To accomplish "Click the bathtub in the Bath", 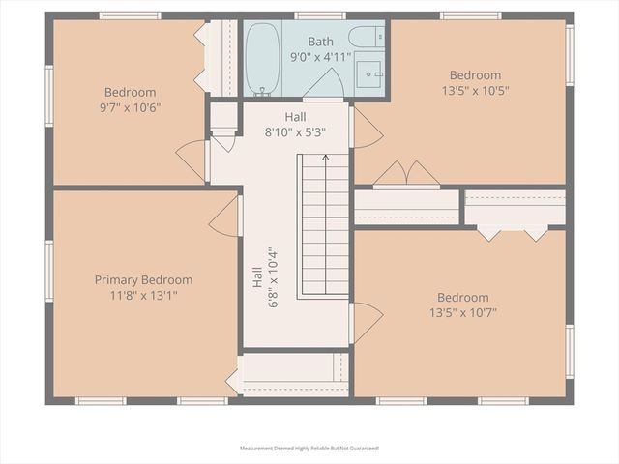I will pyautogui.click(x=262, y=59).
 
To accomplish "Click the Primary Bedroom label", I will pyautogui.click(x=143, y=280).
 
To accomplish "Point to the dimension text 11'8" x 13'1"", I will pyautogui.click(x=143, y=295).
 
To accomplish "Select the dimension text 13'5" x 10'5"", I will pyautogui.click(x=475, y=90).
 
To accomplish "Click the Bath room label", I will pyautogui.click(x=320, y=42).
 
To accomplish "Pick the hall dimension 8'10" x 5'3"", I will pyautogui.click(x=295, y=131).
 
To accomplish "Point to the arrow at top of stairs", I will pyautogui.click(x=325, y=158).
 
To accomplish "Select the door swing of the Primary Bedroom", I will pyautogui.click(x=226, y=217).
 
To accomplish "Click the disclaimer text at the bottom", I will pyautogui.click(x=309, y=449).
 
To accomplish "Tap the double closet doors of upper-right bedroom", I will pyautogui.click(x=406, y=174).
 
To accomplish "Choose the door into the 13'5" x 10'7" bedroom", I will pyautogui.click(x=366, y=322).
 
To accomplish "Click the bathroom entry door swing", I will pyautogui.click(x=322, y=85).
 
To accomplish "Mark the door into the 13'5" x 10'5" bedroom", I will pyautogui.click(x=366, y=129).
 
